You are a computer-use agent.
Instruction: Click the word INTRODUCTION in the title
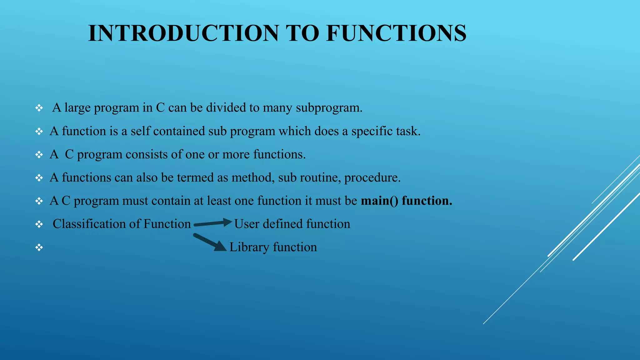point(183,33)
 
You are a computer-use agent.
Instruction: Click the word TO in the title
point(302,33)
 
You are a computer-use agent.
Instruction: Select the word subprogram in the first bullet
point(329,108)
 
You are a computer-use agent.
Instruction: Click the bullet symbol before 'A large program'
point(39,108)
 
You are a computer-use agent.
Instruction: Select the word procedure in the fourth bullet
point(372,178)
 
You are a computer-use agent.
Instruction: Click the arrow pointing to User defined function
point(213,223)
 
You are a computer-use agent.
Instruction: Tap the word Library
point(249,247)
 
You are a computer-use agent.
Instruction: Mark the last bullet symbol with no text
point(39,248)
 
